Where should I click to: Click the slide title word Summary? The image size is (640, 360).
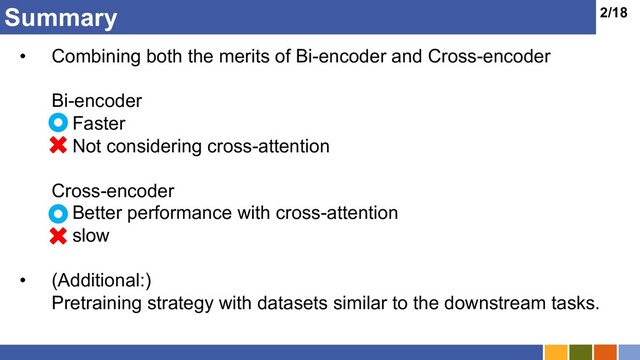pyautogui.click(x=60, y=17)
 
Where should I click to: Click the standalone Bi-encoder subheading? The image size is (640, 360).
pyautogui.click(x=96, y=101)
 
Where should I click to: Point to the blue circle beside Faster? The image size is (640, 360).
pyautogui.click(x=59, y=123)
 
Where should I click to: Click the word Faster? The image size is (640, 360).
pyautogui.click(x=99, y=124)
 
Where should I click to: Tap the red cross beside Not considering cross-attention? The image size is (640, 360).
pyautogui.click(x=59, y=146)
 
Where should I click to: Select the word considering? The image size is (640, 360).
pyautogui.click(x=154, y=146)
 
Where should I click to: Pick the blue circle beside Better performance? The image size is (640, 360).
pyautogui.click(x=59, y=213)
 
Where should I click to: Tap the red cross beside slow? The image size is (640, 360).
pyautogui.click(x=59, y=236)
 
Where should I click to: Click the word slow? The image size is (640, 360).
pyautogui.click(x=91, y=236)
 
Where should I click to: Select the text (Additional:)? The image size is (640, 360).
pyautogui.click(x=99, y=280)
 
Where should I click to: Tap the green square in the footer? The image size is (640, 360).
pyautogui.click(x=579, y=352)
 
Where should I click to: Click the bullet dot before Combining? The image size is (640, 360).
pyautogui.click(x=22, y=57)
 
